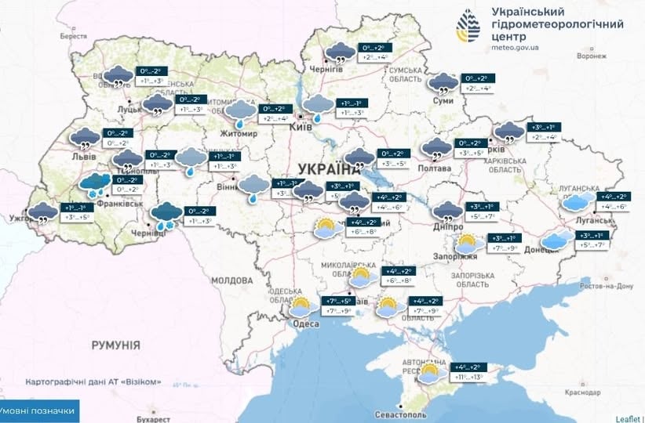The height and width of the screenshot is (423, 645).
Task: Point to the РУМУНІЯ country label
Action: click(x=115, y=345)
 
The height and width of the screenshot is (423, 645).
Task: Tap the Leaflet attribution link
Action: click(x=628, y=418)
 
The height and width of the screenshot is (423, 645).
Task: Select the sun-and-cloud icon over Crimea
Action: click(x=431, y=373)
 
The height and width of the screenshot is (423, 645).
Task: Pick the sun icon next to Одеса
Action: click(x=301, y=305)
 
